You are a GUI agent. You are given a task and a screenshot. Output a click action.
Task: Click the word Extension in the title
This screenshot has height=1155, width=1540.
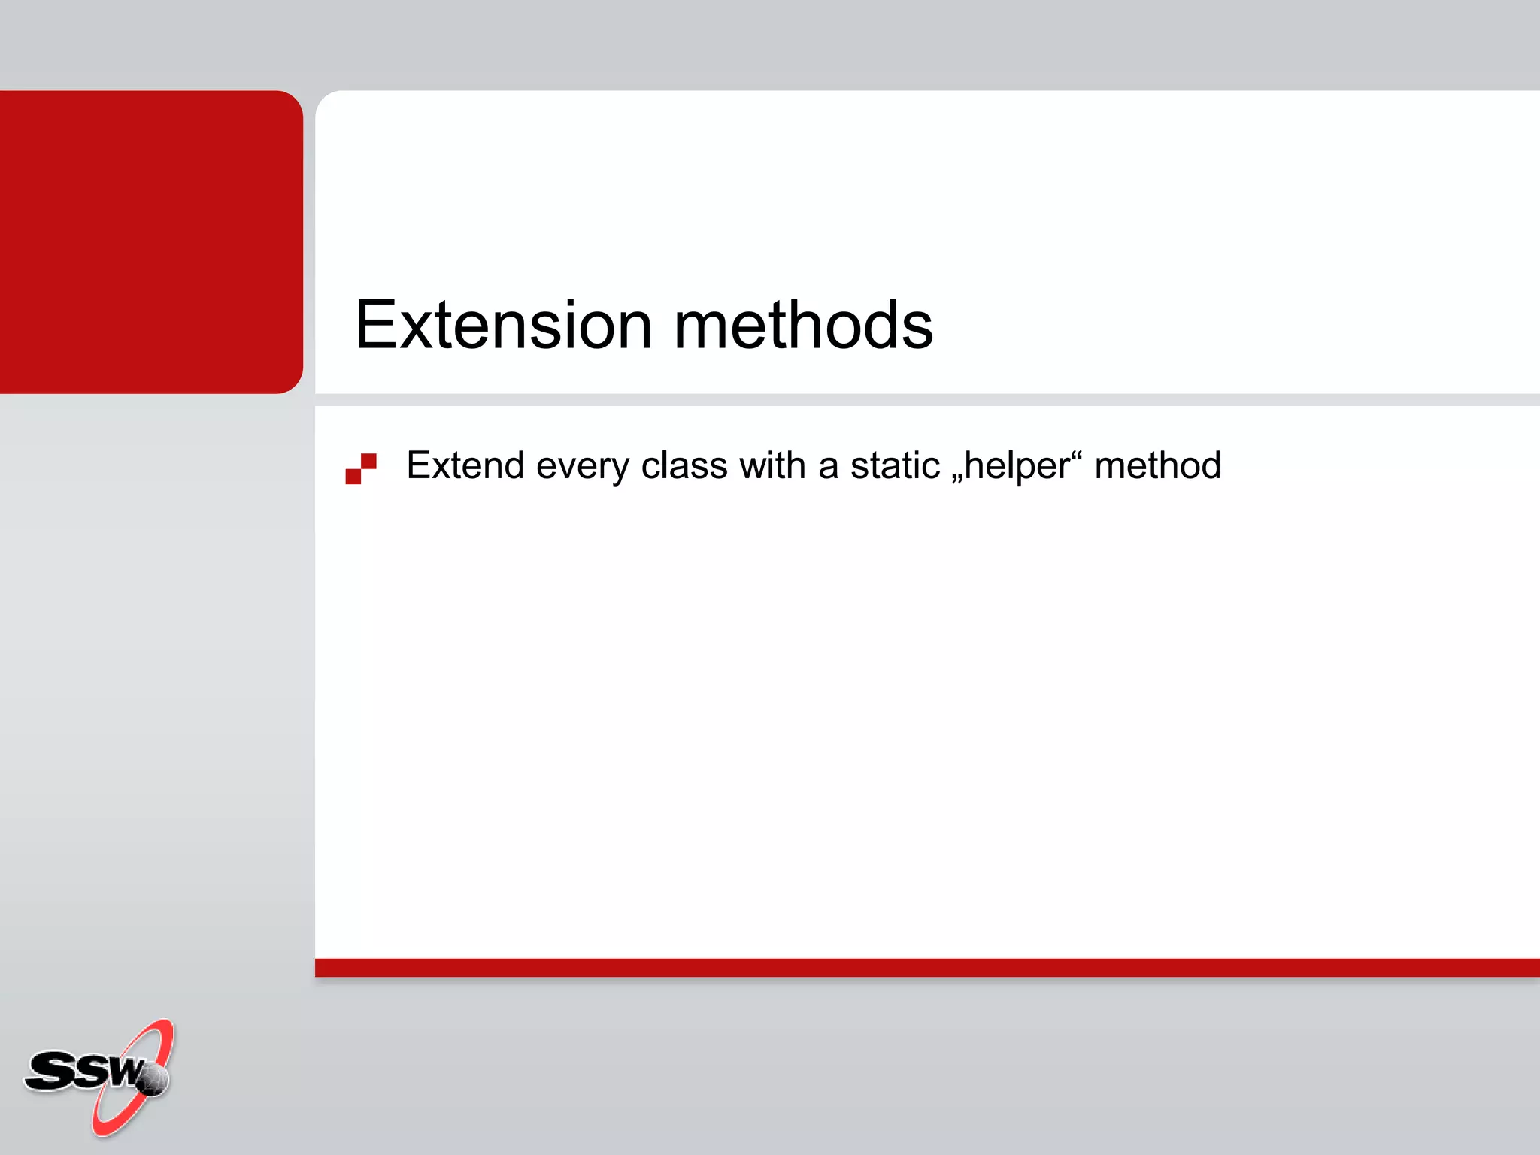click(x=502, y=326)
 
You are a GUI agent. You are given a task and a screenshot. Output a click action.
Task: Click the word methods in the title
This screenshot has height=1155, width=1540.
click(x=803, y=326)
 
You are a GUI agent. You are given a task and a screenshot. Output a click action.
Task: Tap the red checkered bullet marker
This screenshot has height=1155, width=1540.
click(x=361, y=468)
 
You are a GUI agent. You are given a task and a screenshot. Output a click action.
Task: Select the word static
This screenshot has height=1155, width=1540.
click(x=895, y=465)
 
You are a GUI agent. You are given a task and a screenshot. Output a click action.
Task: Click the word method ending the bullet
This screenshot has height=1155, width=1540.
click(x=1157, y=465)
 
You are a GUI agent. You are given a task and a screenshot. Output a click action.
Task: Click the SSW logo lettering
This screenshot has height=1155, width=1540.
click(x=83, y=1071)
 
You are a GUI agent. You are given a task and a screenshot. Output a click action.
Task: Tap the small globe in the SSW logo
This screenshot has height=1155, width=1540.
click(x=153, y=1080)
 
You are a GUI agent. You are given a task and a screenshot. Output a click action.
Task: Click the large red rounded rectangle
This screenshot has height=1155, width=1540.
click(x=150, y=241)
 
